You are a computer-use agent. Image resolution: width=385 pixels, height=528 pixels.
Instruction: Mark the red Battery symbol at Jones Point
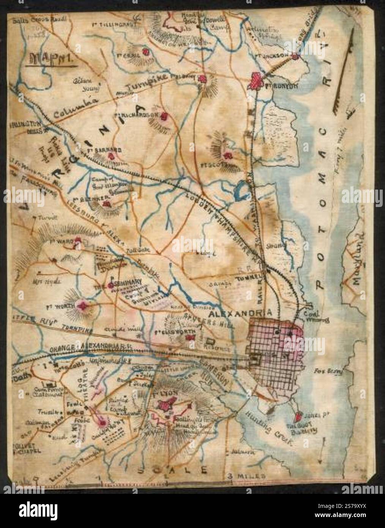pos(299,415)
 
